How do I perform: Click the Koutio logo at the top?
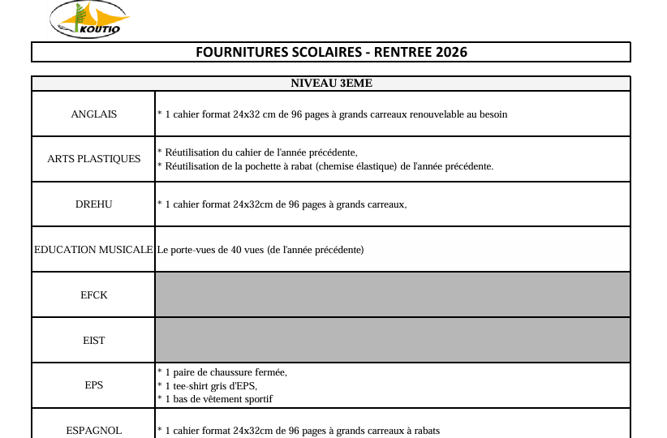pyautogui.click(x=88, y=19)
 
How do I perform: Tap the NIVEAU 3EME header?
pyautogui.click(x=331, y=83)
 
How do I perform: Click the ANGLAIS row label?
pyautogui.click(x=93, y=114)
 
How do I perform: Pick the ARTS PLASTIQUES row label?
pyautogui.click(x=93, y=159)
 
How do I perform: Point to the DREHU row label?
pyautogui.click(x=93, y=204)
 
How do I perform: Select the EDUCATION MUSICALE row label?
pyautogui.click(x=93, y=250)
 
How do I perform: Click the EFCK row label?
pyautogui.click(x=93, y=295)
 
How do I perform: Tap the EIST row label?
pyautogui.click(x=93, y=341)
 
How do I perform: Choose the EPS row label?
pyautogui.click(x=93, y=385)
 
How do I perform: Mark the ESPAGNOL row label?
pyautogui.click(x=93, y=431)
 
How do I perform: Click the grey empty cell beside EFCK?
pyautogui.click(x=392, y=295)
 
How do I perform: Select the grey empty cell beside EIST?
pyautogui.click(x=392, y=341)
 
